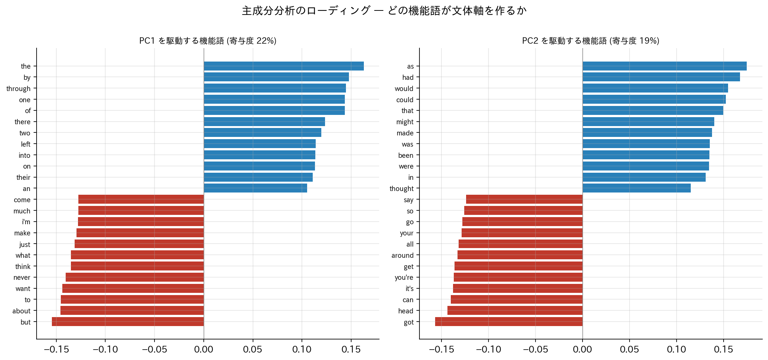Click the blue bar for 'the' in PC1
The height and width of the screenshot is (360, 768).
[x=284, y=66]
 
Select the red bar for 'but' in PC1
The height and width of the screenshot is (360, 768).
[x=128, y=322]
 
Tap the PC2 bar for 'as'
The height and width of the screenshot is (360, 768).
[x=665, y=66]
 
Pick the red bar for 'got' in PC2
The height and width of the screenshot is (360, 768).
[x=509, y=322]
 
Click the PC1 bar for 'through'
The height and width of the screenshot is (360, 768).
[x=275, y=88]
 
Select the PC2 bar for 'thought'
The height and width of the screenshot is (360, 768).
[x=637, y=188]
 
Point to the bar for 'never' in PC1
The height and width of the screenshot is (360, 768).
[x=135, y=277]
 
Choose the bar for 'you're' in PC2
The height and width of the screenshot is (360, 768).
[x=518, y=277]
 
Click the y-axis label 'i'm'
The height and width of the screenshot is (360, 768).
[x=26, y=222]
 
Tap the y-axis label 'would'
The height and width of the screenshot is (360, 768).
[x=404, y=88]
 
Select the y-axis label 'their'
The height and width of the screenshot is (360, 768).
[x=24, y=177]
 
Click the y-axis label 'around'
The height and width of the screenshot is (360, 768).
[x=403, y=255]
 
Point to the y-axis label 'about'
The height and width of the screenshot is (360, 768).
[x=22, y=311]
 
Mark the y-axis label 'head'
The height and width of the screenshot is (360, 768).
[x=406, y=311]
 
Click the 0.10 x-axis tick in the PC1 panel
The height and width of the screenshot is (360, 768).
[x=302, y=350]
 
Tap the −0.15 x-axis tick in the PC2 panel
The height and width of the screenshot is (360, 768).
[x=441, y=350]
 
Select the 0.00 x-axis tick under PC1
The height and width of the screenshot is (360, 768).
[x=204, y=350]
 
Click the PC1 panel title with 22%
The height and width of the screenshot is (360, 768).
[x=208, y=41]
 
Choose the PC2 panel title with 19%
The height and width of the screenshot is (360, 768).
[x=591, y=41]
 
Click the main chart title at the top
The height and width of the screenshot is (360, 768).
[x=384, y=10]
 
